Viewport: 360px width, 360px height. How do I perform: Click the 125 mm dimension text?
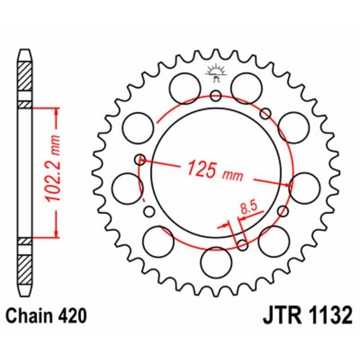[x=215, y=170]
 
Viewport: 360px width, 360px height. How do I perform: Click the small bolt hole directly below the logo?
[x=216, y=95]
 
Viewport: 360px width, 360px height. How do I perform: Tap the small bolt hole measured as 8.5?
[x=243, y=245]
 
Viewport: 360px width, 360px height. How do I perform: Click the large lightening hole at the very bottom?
[x=216, y=262]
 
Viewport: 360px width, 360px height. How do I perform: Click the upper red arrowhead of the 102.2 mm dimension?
[x=56, y=112]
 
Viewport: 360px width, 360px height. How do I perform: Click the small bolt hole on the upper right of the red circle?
[x=265, y=112]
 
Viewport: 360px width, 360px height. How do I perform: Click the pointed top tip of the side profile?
[x=25, y=51]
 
